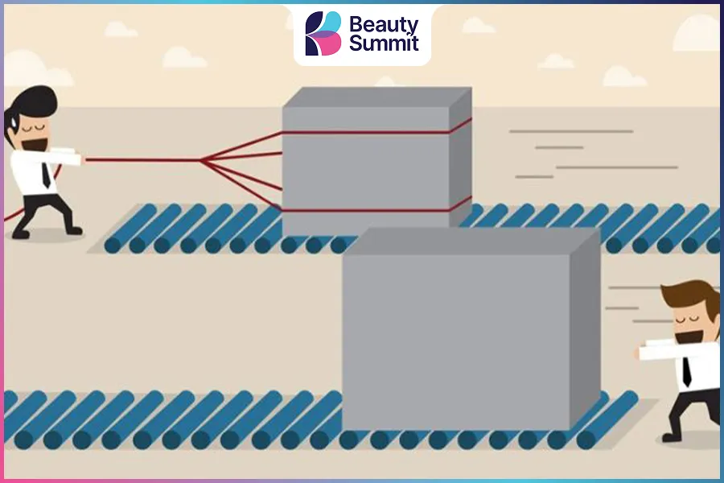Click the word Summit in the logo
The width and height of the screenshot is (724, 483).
coord(384,43)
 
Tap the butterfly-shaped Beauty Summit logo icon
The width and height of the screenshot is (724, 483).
coord(323,33)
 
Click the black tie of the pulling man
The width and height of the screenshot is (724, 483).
coord(46,174)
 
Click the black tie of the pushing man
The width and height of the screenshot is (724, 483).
coord(687,372)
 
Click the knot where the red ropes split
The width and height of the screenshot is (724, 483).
coord(201,160)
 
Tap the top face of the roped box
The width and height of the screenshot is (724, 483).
coord(376,97)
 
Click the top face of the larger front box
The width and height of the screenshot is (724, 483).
coord(471,241)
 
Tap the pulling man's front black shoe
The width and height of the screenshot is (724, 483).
coord(73,229)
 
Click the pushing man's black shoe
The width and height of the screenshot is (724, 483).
coord(671,437)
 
